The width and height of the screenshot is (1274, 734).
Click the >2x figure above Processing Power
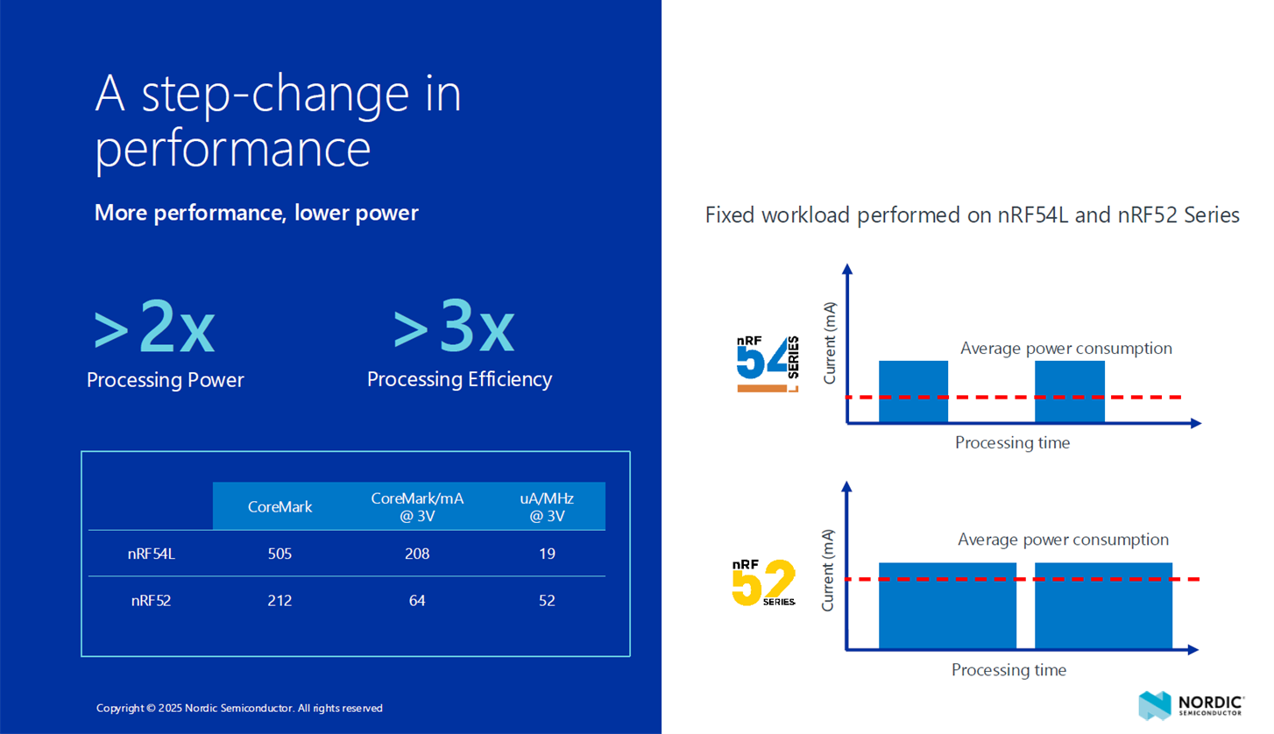[154, 326]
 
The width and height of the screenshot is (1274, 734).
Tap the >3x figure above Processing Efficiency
[454, 326]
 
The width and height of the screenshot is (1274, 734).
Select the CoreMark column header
[280, 506]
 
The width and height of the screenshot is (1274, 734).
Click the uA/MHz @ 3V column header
[547, 506]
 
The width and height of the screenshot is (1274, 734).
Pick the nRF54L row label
[152, 554]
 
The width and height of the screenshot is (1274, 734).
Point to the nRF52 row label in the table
[152, 600]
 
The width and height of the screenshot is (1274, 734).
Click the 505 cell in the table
[280, 554]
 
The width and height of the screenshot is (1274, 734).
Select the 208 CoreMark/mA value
[417, 554]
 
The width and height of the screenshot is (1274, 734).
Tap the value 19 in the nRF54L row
[547, 554]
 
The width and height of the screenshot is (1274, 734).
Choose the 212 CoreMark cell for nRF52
[280, 600]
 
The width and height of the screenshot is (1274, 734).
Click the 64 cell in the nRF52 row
[417, 600]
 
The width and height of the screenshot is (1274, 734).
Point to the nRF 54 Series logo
[768, 363]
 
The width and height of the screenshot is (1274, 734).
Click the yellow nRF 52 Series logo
[764, 582]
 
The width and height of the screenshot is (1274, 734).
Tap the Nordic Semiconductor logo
[1191, 706]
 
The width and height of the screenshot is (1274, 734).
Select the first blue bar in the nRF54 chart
[913, 392]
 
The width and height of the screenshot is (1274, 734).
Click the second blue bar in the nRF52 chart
[1103, 605]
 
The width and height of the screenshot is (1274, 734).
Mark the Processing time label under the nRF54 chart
[1012, 442]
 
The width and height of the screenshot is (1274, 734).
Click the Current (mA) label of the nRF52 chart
[827, 570]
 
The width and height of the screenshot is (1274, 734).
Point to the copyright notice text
[239, 708]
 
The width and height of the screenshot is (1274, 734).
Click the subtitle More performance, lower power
[257, 213]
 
